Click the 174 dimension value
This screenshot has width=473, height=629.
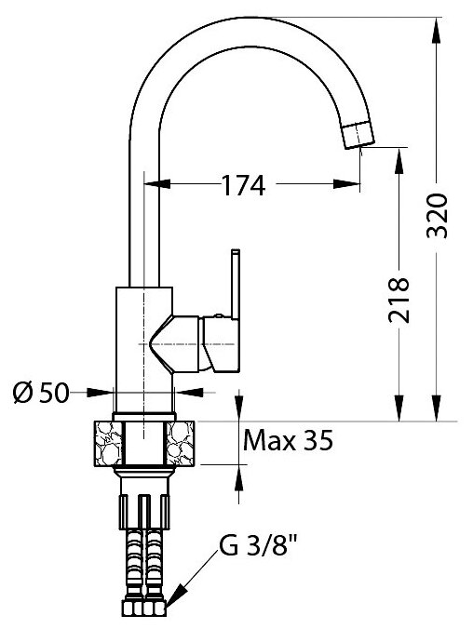[244, 185]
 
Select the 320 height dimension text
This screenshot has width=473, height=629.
[437, 216]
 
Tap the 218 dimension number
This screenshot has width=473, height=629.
[399, 301]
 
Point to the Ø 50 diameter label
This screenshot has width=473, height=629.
[41, 393]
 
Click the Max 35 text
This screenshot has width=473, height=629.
[289, 440]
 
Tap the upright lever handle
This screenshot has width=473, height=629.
[236, 284]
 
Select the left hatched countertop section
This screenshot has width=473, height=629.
[108, 443]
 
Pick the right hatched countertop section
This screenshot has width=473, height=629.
[181, 443]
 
